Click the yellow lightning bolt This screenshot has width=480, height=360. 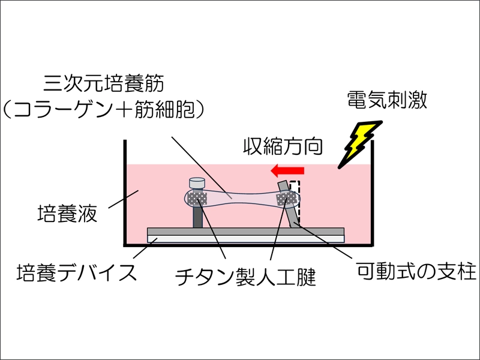[x=360, y=144]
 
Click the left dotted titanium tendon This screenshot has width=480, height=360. [x=196, y=197]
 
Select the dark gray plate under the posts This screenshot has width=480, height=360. [x=246, y=231]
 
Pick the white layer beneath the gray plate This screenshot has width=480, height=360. [x=246, y=238]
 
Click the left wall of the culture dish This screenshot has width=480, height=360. [x=125, y=192]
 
